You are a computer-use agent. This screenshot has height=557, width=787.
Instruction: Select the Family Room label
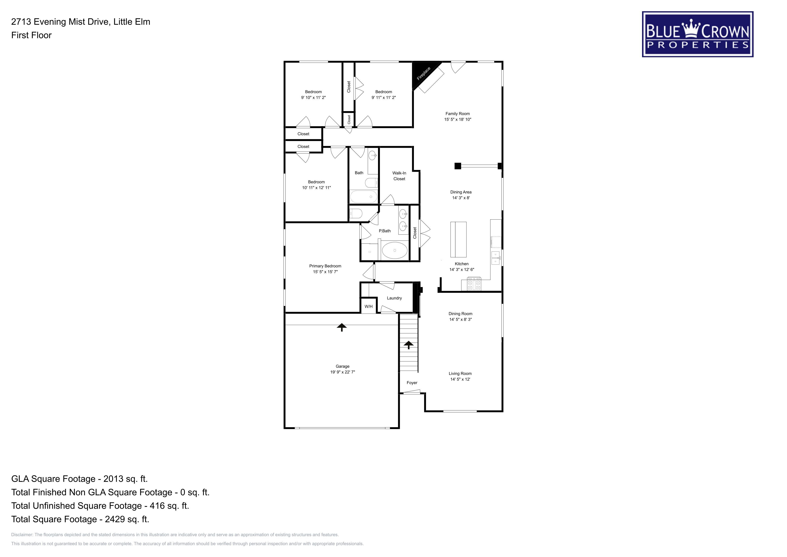point(458,114)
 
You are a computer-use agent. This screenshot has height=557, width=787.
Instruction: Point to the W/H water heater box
point(368,306)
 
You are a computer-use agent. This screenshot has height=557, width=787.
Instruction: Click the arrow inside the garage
point(341,327)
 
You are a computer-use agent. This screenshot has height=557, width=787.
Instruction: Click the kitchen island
point(458,239)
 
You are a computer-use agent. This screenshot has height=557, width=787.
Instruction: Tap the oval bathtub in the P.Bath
point(395,250)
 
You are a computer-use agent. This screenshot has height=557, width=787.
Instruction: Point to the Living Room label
point(460,374)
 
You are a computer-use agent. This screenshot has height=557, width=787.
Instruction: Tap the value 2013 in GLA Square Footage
point(113,479)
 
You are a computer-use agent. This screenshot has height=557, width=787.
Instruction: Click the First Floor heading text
point(31,35)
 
